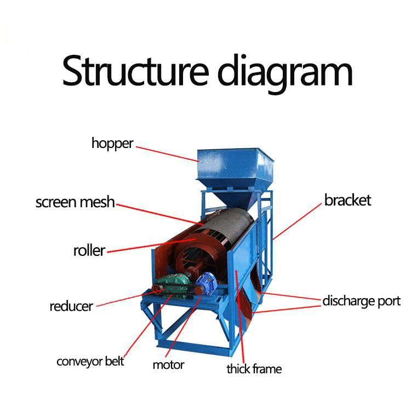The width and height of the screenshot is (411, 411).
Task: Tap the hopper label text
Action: click(x=112, y=144)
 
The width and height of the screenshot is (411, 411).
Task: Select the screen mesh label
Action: click(x=75, y=202)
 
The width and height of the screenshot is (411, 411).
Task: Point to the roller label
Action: click(x=89, y=251)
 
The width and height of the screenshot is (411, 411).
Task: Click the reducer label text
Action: click(x=71, y=306)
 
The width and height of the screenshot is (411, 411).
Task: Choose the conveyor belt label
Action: click(x=90, y=362)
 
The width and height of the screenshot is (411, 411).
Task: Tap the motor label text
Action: click(x=168, y=365)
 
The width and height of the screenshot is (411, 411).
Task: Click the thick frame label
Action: click(x=254, y=369)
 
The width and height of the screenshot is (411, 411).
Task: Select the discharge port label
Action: click(x=361, y=301)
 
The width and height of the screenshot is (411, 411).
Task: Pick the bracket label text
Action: click(x=347, y=200)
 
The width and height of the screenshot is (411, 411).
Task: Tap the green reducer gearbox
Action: click(x=174, y=283)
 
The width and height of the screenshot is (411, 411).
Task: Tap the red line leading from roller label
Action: click(x=148, y=246)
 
